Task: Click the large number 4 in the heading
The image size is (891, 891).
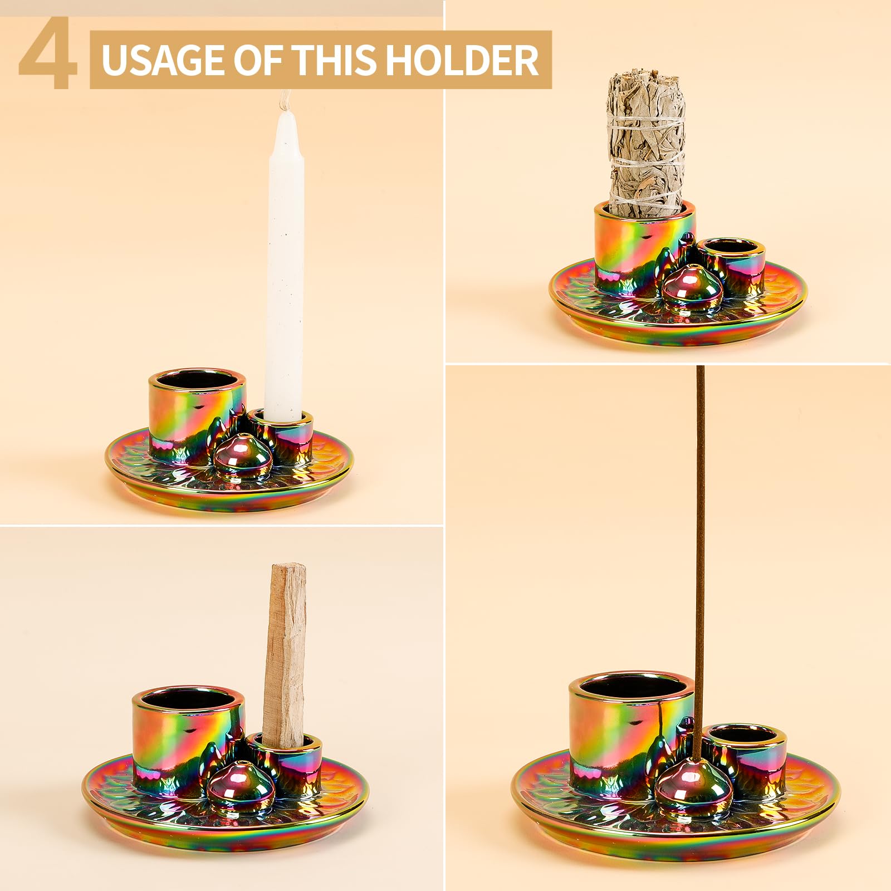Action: pyautogui.click(x=47, y=56)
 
